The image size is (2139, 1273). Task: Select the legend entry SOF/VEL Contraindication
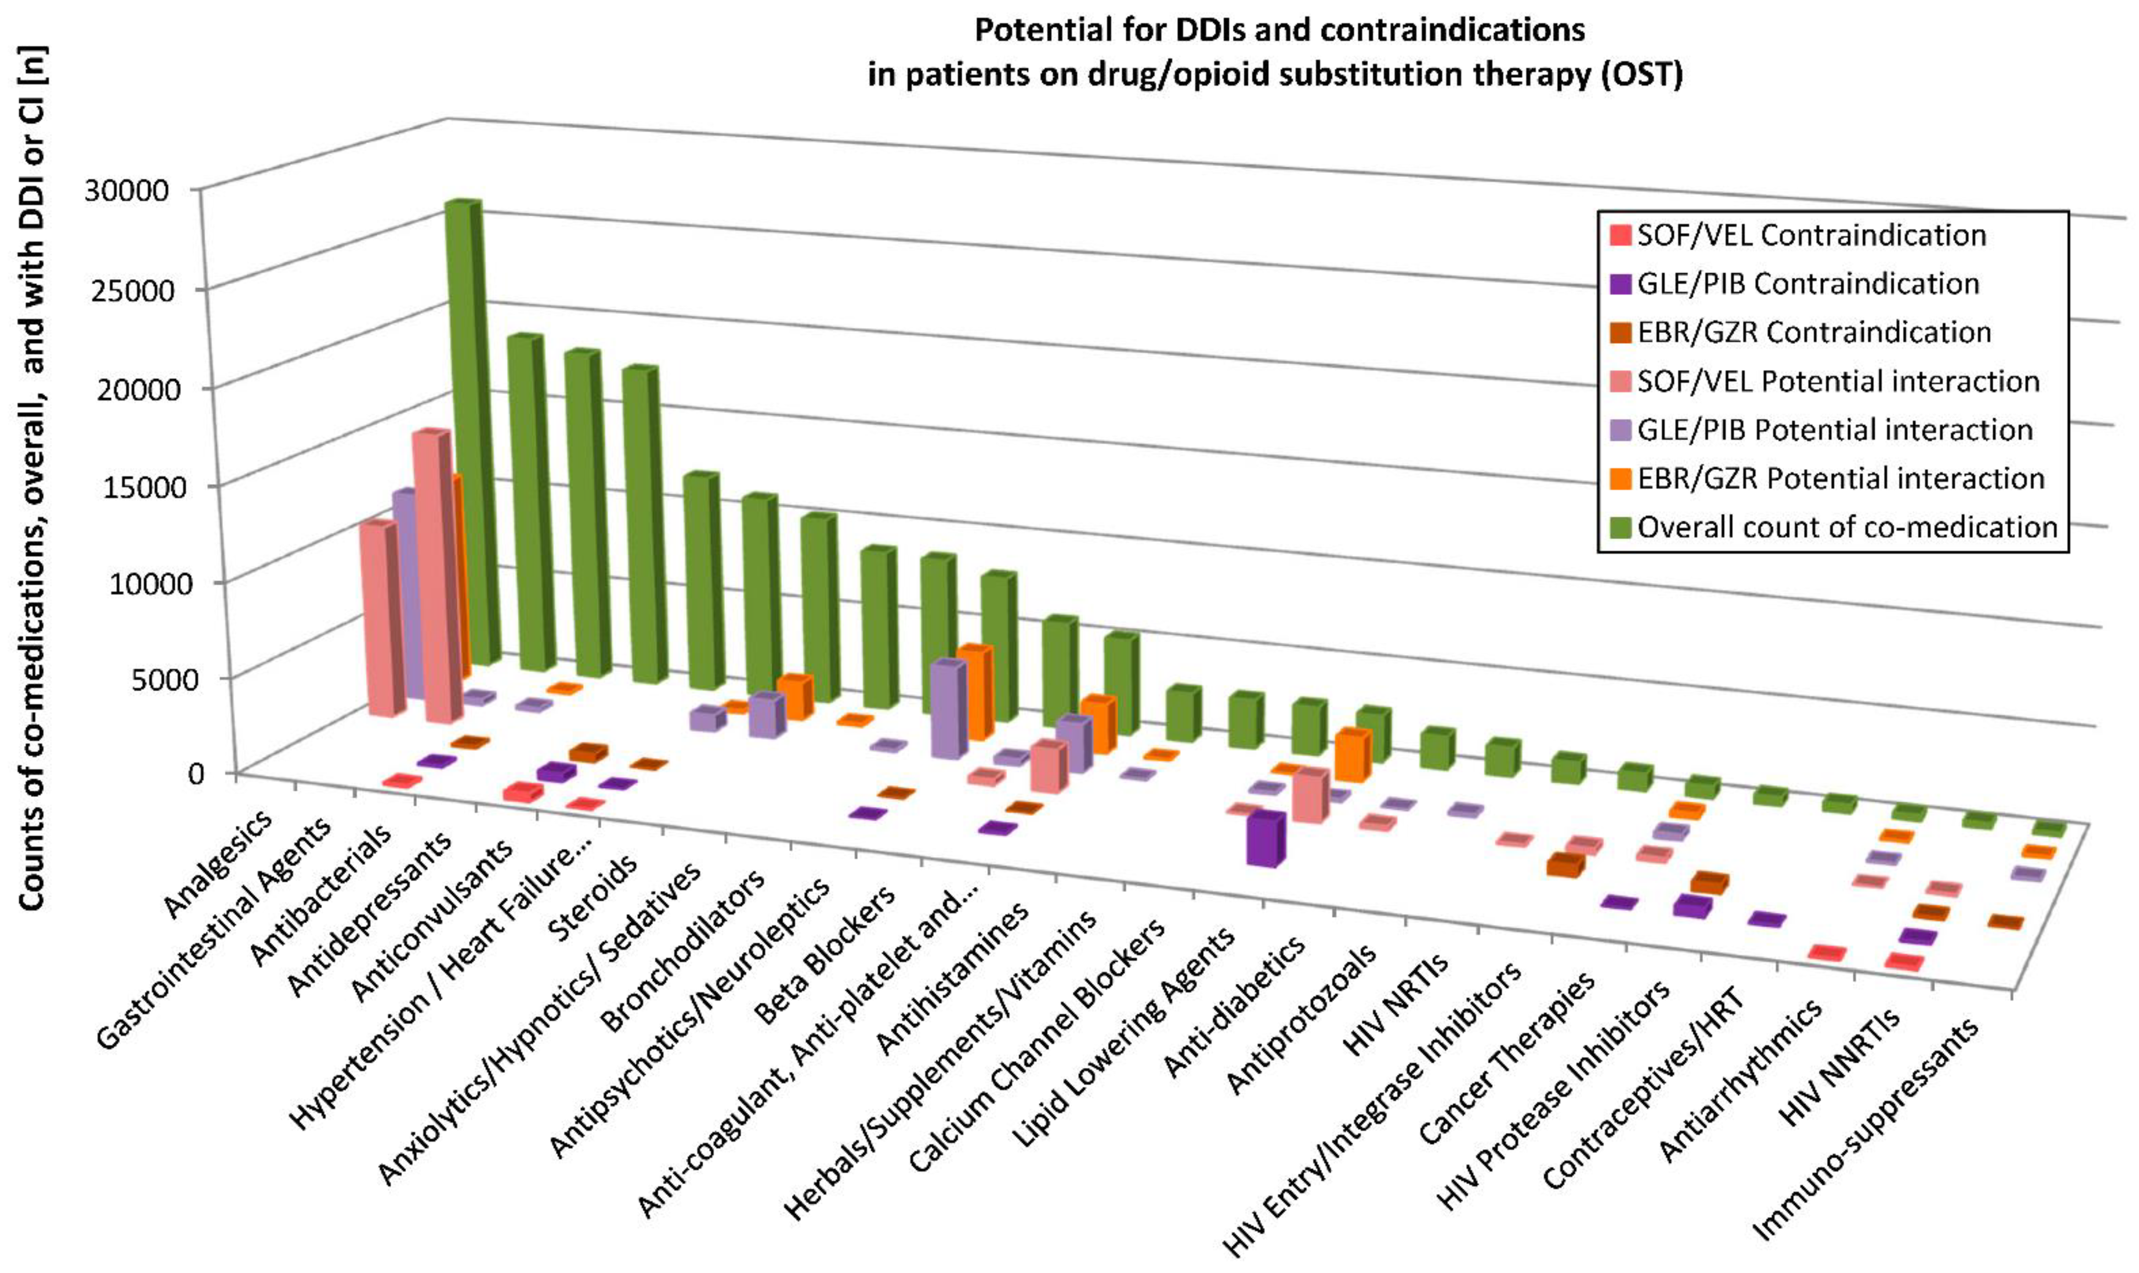click(1810, 235)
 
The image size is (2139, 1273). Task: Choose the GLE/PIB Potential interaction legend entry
click(1834, 430)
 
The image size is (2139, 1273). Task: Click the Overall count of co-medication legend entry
click(1846, 527)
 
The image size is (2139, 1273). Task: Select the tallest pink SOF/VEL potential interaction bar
click(430, 575)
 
